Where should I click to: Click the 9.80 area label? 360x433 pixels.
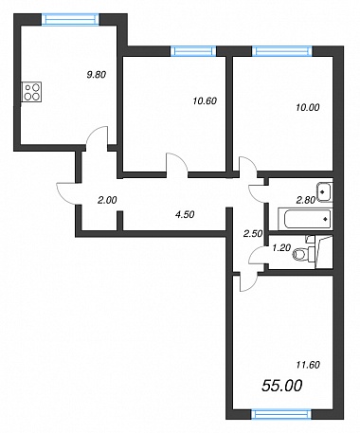pyautogui.click(x=97, y=75)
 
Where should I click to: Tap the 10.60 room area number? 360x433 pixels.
pyautogui.click(x=205, y=101)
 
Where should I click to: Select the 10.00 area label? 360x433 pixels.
pyautogui.click(x=308, y=107)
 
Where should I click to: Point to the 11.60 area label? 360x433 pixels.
pyautogui.click(x=308, y=365)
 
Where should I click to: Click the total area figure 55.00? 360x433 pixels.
pyautogui.click(x=282, y=386)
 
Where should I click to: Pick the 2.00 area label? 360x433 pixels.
pyautogui.click(x=107, y=200)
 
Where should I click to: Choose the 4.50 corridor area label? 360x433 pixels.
pyautogui.click(x=185, y=215)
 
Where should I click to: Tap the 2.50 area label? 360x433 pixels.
pyautogui.click(x=253, y=234)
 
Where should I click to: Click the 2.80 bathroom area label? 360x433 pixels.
pyautogui.click(x=306, y=200)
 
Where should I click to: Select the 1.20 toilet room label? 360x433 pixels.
pyautogui.click(x=281, y=248)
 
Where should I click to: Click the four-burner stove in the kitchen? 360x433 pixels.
pyautogui.click(x=31, y=92)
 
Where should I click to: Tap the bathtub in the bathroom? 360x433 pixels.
pyautogui.click(x=305, y=219)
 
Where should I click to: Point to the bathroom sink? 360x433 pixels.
pyautogui.click(x=325, y=191)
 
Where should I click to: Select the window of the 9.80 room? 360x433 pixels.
pyautogui.click(x=70, y=19)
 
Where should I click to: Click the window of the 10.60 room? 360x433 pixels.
pyautogui.click(x=193, y=51)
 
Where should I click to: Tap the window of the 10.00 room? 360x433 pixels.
pyautogui.click(x=282, y=51)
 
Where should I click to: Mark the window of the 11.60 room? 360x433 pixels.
pyautogui.click(x=281, y=414)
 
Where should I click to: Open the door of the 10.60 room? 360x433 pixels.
pyautogui.click(x=177, y=163)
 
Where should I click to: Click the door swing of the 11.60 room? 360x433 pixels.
pyautogui.click(x=249, y=282)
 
